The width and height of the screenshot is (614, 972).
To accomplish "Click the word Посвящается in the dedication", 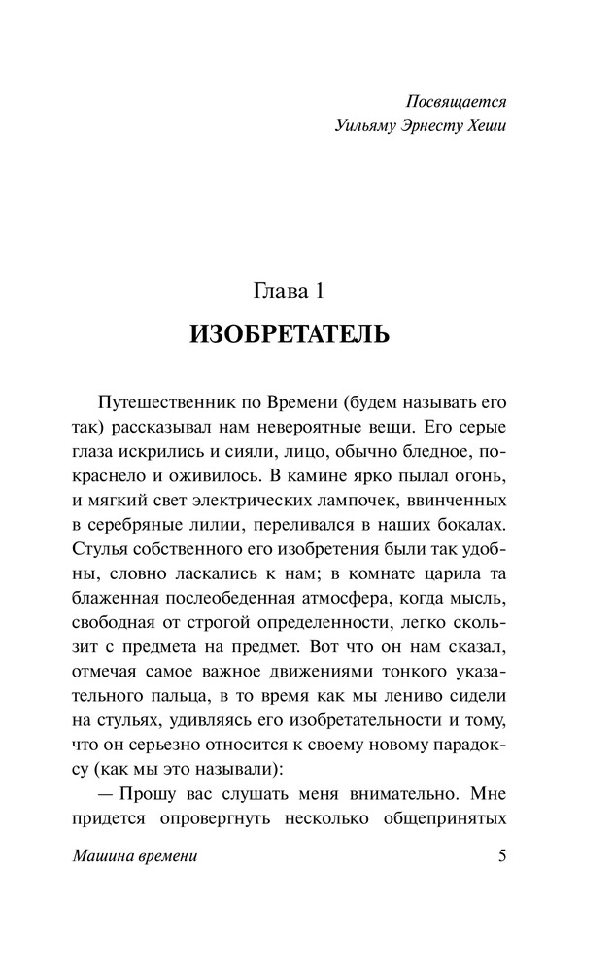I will point(454,100).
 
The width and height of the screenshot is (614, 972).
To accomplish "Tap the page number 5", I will point(500,858).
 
